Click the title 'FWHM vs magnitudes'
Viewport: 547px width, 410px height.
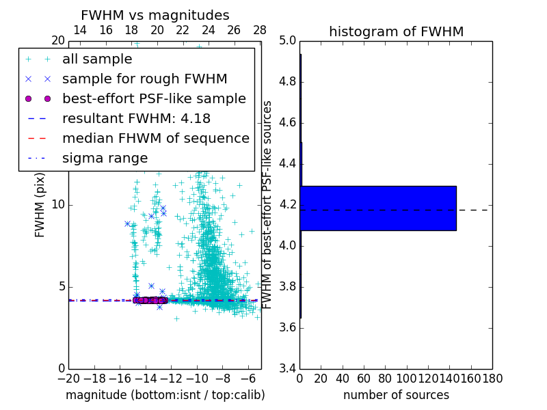[155, 15]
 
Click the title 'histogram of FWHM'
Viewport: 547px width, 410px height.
[396, 31]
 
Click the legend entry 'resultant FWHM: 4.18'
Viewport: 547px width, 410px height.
[136, 119]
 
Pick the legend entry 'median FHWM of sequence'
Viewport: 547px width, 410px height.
[155, 139]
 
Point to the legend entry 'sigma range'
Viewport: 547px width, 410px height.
[105, 159]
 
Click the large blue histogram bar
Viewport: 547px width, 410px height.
[378, 208]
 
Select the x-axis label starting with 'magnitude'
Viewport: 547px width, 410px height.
[165, 395]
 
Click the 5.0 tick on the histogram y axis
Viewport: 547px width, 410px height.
[287, 41]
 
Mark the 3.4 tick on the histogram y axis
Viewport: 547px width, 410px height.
[287, 368]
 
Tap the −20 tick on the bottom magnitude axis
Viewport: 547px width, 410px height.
[68, 379]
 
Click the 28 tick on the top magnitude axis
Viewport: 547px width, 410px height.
[260, 31]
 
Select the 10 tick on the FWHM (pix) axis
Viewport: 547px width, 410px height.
[57, 205]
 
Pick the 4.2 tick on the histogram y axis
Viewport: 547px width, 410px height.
[287, 205]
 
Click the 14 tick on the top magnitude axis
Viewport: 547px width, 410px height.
[80, 31]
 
